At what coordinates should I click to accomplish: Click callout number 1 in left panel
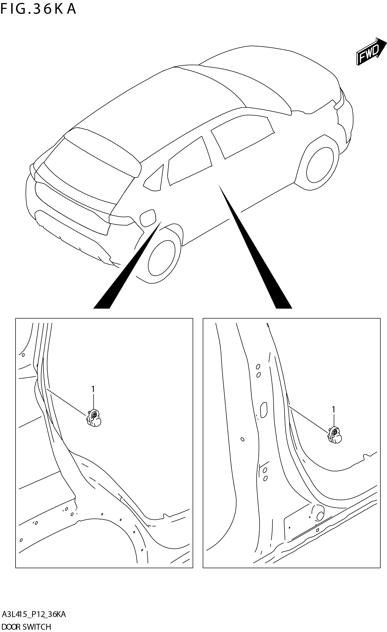pos(93,389)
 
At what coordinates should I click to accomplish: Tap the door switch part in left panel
pos(94,418)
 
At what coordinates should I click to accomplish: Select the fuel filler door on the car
pos(148,218)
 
